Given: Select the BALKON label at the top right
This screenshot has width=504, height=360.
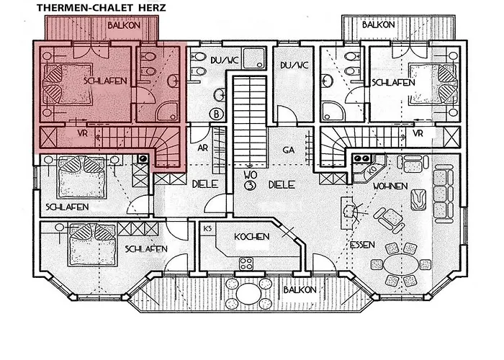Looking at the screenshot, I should [x=379, y=24].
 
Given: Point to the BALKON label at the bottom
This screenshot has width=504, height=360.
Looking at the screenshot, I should [x=299, y=289].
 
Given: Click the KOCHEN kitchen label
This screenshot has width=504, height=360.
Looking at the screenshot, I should [x=251, y=237].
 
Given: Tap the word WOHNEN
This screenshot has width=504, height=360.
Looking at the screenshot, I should [x=390, y=186].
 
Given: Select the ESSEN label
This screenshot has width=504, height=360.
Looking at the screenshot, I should [x=362, y=245].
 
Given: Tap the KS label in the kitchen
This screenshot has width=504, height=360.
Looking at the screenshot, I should [x=207, y=229].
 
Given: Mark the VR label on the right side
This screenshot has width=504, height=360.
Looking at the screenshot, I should [x=418, y=134].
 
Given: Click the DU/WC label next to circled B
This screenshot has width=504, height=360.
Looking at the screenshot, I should [x=223, y=60].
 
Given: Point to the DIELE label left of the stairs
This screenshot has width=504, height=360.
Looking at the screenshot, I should [x=204, y=184].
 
